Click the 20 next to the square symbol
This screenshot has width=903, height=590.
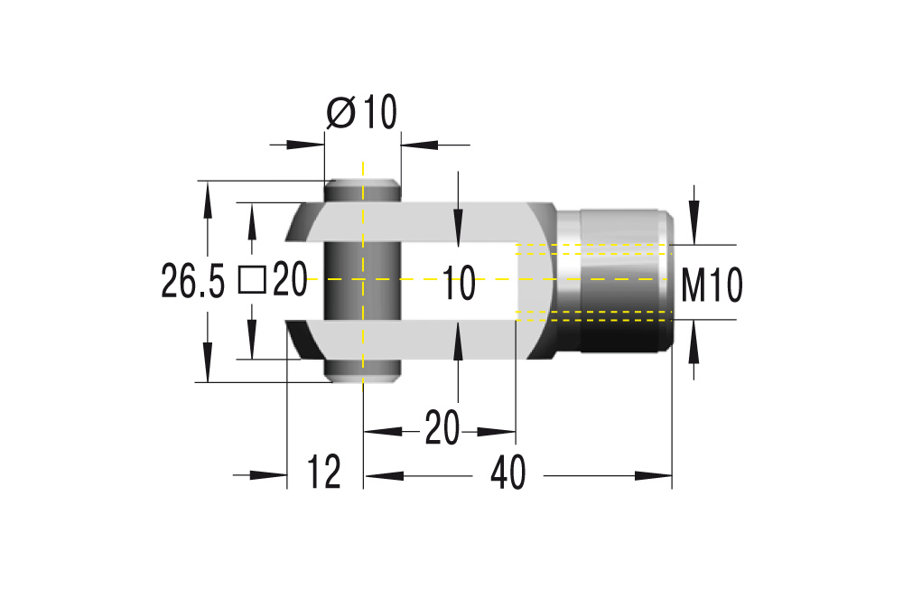coord(291,280)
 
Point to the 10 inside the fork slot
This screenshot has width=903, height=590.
coord(459,285)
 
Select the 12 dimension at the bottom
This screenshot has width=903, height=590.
coord(324,473)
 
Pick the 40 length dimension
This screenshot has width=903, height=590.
coord(510,473)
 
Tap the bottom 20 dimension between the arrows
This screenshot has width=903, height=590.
coord(442,428)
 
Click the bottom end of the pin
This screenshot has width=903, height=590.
coord(361,373)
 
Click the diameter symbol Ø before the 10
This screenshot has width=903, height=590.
coord(340,113)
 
